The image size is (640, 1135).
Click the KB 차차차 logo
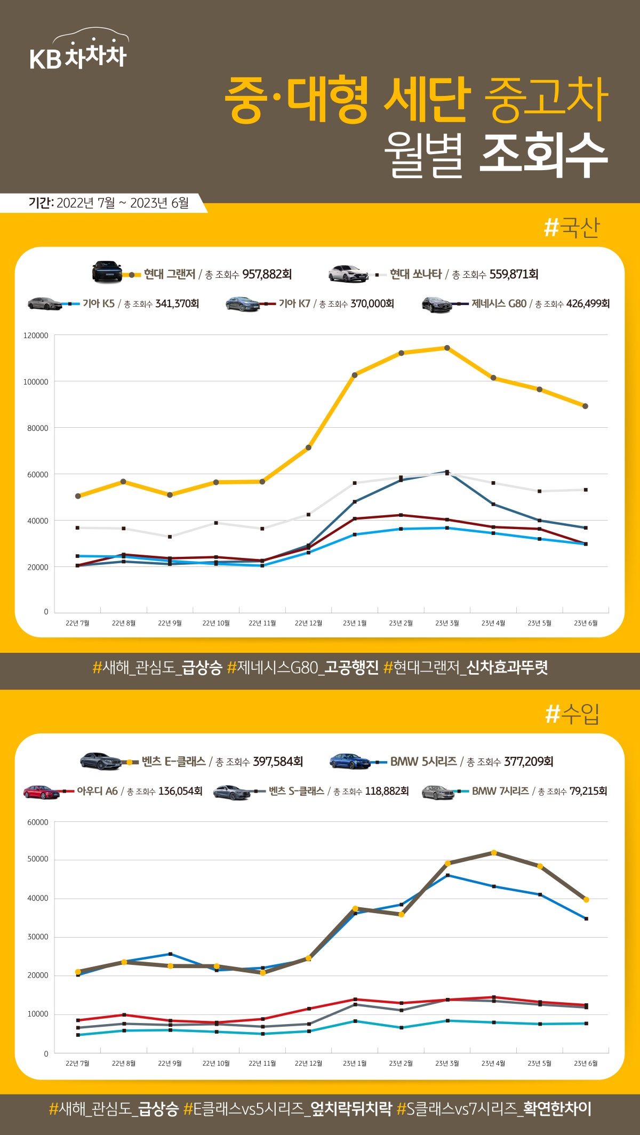click(x=78, y=51)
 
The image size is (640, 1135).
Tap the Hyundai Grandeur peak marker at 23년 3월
click(x=447, y=348)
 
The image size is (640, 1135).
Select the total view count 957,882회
click(x=267, y=274)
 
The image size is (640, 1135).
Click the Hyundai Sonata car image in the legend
click(x=348, y=274)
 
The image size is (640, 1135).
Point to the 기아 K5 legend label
click(x=99, y=303)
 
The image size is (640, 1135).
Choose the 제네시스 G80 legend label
click(x=499, y=303)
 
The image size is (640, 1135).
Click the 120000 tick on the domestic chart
click(x=36, y=335)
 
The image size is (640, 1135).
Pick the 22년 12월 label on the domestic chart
click(x=308, y=623)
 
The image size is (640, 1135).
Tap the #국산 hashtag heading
click(x=572, y=228)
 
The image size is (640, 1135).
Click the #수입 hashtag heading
click(x=572, y=714)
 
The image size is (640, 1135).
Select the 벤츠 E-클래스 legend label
click(x=174, y=762)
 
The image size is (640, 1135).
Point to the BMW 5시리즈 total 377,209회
click(x=528, y=762)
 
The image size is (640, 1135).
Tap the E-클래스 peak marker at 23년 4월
click(x=494, y=852)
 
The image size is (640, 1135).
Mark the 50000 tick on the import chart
click(x=38, y=859)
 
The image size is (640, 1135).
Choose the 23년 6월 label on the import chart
click(x=586, y=1063)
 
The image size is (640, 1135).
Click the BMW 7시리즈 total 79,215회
click(x=588, y=791)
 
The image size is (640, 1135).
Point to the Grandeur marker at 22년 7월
click(x=78, y=496)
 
